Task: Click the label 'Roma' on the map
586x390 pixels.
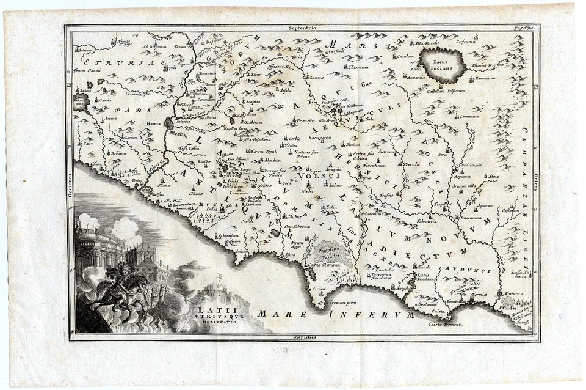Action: pyautogui.click(x=154, y=123)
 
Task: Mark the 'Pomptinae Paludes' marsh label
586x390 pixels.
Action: pyautogui.click(x=333, y=252)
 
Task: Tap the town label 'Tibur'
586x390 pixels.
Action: pyautogui.click(x=254, y=75)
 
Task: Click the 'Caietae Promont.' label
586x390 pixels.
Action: pyautogui.click(x=446, y=324)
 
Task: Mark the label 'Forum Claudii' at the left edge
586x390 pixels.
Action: pyautogui.click(x=87, y=71)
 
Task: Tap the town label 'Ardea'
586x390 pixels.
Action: pyautogui.click(x=212, y=209)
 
